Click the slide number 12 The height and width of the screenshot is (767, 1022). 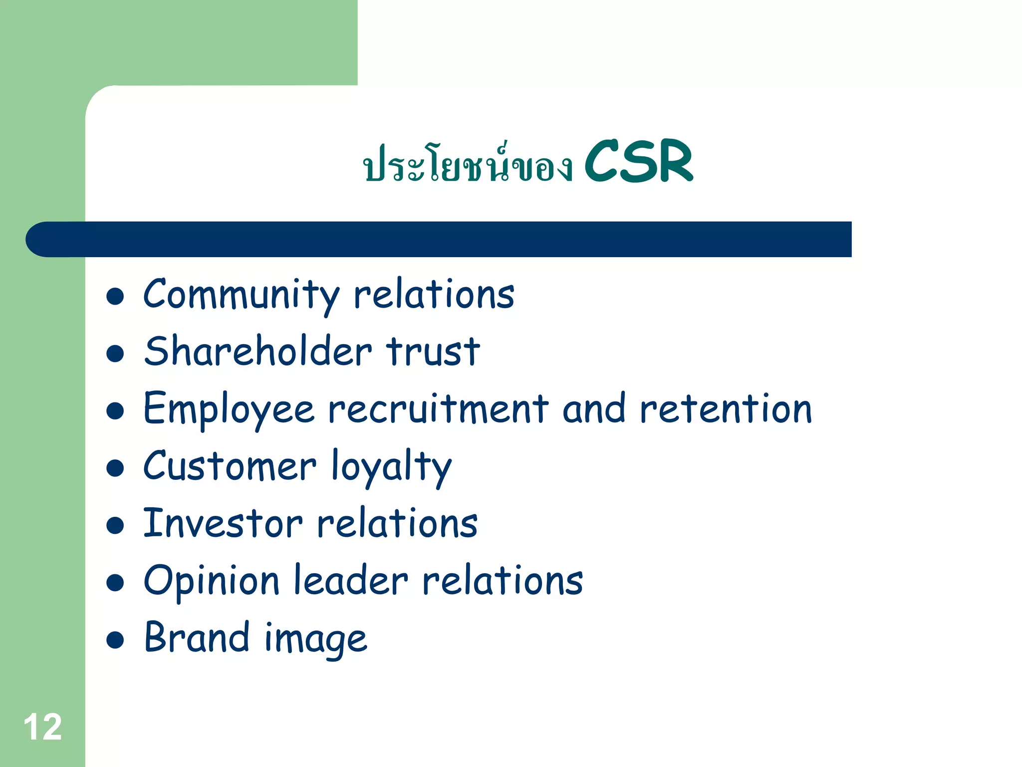(43, 727)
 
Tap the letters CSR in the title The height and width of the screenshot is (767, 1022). (638, 161)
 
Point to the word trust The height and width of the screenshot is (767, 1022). (433, 352)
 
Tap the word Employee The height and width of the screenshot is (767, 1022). (229, 410)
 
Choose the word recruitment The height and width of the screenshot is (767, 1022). (438, 409)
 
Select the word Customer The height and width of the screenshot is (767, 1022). (230, 466)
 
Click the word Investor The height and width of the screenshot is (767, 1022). (223, 523)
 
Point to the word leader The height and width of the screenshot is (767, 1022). (351, 580)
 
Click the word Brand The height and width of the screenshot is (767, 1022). (197, 638)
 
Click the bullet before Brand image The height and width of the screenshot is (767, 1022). (115, 640)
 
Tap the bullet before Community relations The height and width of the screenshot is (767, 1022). (115, 296)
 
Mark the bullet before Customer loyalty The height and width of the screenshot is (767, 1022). (115, 468)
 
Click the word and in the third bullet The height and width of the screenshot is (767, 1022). (593, 409)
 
